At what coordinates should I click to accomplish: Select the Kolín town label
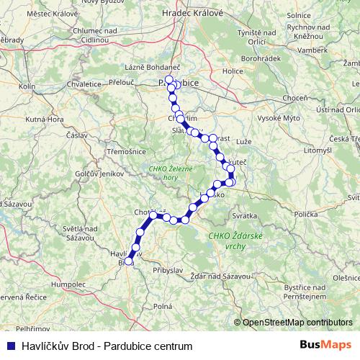click(27, 86)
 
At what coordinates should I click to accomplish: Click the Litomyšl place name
click(300, 150)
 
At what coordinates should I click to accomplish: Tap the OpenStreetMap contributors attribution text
click(297, 322)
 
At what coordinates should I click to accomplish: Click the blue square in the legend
click(12, 346)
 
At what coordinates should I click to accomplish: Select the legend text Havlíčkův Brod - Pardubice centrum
click(107, 346)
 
